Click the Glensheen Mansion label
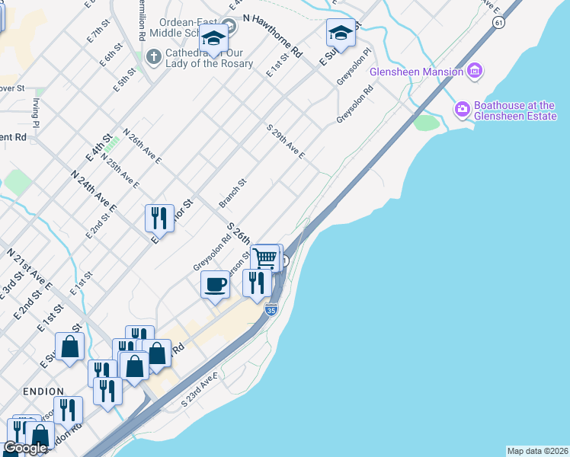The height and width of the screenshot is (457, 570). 416,72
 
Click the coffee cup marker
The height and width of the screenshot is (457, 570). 215,286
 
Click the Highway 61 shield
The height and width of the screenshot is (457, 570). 498,23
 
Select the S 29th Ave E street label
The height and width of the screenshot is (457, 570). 286,142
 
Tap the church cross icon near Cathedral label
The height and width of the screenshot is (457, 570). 153,56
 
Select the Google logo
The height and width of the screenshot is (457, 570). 25,448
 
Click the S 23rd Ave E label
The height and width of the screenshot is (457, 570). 200,389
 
